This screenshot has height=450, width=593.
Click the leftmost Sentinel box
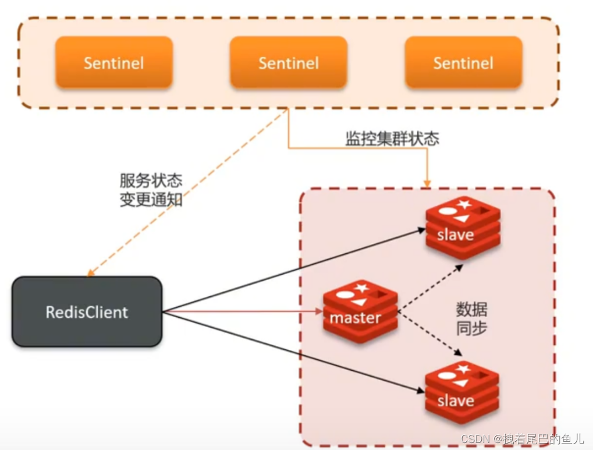pos(114,62)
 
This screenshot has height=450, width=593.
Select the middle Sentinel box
pos(289,62)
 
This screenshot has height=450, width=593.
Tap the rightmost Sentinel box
pos(463,62)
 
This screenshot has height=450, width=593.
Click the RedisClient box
pos(87,312)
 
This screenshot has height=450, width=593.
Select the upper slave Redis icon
pos(463,228)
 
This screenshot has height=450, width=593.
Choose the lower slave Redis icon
pos(463,392)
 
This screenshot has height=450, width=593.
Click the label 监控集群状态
pos(392,139)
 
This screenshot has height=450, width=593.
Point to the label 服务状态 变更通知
pos(151,190)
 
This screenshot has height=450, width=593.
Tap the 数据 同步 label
pos(472,318)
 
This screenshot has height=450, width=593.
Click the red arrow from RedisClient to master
pos(244,312)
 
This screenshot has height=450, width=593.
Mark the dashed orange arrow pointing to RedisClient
pos(186,192)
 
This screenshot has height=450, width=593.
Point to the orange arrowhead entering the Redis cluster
pos(428,183)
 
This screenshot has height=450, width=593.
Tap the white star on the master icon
pos(361,288)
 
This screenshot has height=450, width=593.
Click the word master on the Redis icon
pos(355,318)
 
